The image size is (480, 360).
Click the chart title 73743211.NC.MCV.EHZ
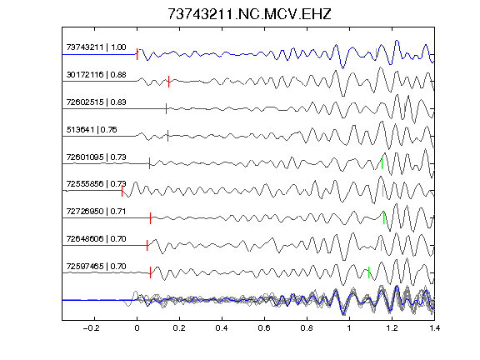click(249, 14)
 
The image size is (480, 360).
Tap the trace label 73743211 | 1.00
click(96, 47)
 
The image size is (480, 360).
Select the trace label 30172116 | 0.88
click(96, 75)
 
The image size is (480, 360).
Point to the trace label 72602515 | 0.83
click(96, 102)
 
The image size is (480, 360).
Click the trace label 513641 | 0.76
click(92, 129)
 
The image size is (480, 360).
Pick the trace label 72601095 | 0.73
click(96, 157)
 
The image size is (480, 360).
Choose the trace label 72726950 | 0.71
click(96, 212)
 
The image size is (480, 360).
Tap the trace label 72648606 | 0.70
click(96, 239)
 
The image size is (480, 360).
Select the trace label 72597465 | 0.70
click(96, 267)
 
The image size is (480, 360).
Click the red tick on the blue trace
click(137, 54)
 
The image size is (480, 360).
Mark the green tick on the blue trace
click(376, 54)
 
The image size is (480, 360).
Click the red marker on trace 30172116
click(168, 82)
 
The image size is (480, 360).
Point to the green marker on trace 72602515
click(405, 108)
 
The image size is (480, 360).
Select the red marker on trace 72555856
click(122, 191)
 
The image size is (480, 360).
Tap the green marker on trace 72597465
click(368, 272)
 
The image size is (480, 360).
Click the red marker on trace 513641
click(167, 136)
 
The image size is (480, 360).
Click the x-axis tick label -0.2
click(91, 328)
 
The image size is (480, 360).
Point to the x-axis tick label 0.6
click(264, 328)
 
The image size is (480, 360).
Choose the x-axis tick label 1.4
click(434, 328)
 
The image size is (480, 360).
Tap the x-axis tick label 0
click(137, 328)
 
